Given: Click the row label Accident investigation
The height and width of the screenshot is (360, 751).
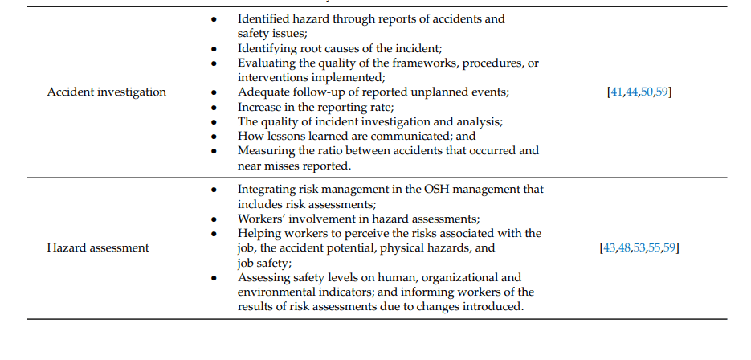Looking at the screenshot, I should coord(107,92).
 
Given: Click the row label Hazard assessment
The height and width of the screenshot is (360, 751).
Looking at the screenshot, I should coord(98,247).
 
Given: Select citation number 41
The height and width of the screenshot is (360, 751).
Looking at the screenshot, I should coord(618,92).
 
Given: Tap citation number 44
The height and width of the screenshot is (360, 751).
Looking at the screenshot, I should coord(632,92).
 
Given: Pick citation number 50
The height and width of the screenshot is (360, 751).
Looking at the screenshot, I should coord(647,92).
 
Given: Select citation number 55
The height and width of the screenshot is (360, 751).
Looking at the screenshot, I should coord(655,247).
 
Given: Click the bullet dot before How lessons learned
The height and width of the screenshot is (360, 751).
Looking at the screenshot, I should coord(213,137).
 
